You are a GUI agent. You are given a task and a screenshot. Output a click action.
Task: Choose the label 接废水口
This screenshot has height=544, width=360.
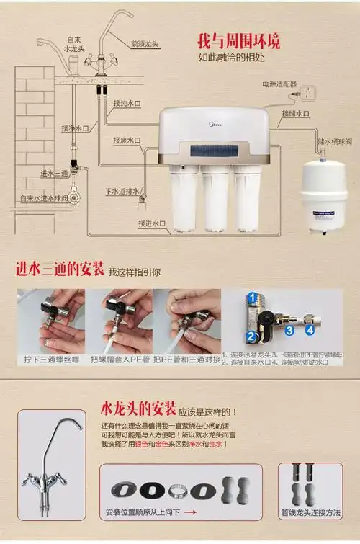(127, 141)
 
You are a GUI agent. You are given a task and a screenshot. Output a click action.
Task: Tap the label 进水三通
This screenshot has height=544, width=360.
(55, 173)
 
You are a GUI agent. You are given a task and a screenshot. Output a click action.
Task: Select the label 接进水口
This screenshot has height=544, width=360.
(152, 224)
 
